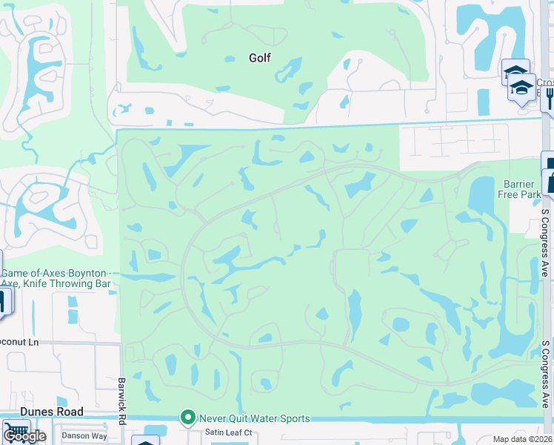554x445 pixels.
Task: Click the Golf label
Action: tap(259, 58)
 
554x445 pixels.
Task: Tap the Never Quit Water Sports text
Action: tap(255, 418)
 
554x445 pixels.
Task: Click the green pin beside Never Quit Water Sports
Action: tap(189, 418)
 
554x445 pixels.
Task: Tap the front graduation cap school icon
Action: tap(522, 88)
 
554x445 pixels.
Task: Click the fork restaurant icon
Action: tap(550, 94)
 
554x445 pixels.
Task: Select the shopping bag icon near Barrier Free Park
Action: tap(550, 181)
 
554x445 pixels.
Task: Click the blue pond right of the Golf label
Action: tap(290, 70)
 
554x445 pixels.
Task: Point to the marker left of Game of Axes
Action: tap(2, 301)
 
